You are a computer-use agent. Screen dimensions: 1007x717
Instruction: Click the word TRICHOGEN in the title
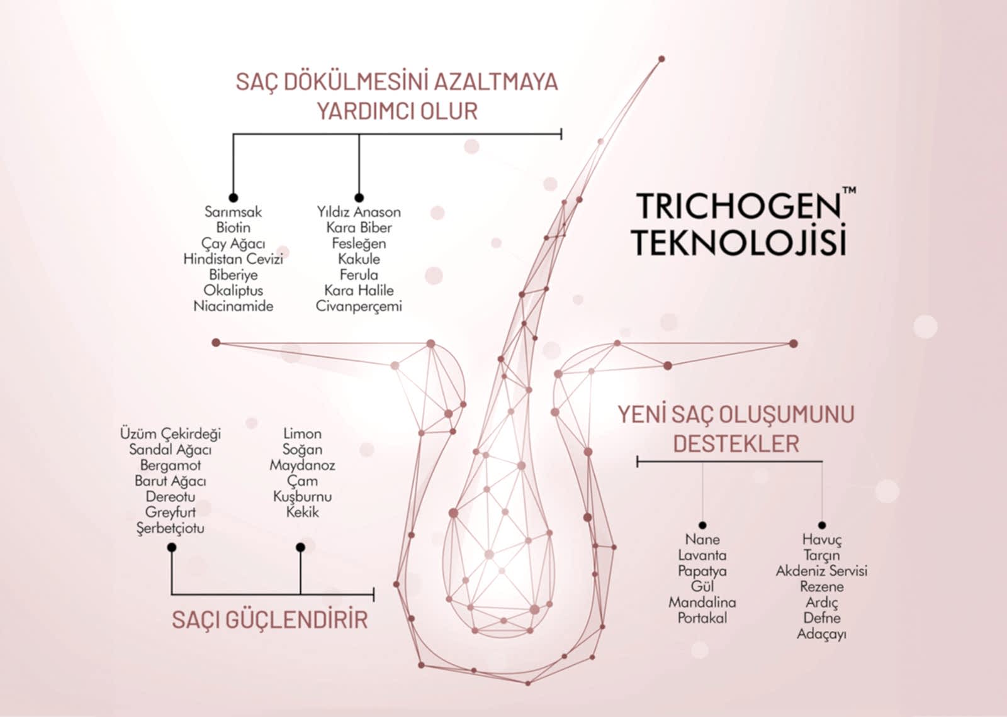(738, 206)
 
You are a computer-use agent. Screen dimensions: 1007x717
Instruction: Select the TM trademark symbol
(849, 190)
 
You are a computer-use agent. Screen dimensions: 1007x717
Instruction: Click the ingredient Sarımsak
(233, 211)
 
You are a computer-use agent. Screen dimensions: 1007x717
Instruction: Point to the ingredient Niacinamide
(233, 306)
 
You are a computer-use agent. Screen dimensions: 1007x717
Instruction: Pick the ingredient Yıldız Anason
(359, 211)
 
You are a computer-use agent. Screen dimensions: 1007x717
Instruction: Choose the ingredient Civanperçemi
(359, 306)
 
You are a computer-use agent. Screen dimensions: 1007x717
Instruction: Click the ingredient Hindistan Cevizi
(233, 258)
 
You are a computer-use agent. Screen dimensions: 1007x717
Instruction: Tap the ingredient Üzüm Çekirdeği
(171, 434)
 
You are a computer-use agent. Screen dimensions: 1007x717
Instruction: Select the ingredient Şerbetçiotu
(171, 528)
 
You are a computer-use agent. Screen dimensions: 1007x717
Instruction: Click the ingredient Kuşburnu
(302, 497)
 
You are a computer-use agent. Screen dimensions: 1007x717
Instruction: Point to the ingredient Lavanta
(702, 555)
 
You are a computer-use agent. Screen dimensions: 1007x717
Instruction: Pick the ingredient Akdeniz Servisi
(821, 571)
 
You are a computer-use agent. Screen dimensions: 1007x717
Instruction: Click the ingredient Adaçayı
(821, 635)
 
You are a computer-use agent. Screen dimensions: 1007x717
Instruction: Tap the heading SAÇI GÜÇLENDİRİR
(270, 620)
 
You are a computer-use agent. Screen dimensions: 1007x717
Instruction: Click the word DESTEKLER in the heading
(736, 444)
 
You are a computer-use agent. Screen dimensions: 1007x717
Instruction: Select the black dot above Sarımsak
(233, 197)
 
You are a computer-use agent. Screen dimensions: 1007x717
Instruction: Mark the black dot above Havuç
(822, 525)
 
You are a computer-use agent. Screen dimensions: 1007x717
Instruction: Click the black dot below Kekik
(300, 547)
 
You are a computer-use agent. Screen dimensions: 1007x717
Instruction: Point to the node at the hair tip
(661, 59)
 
